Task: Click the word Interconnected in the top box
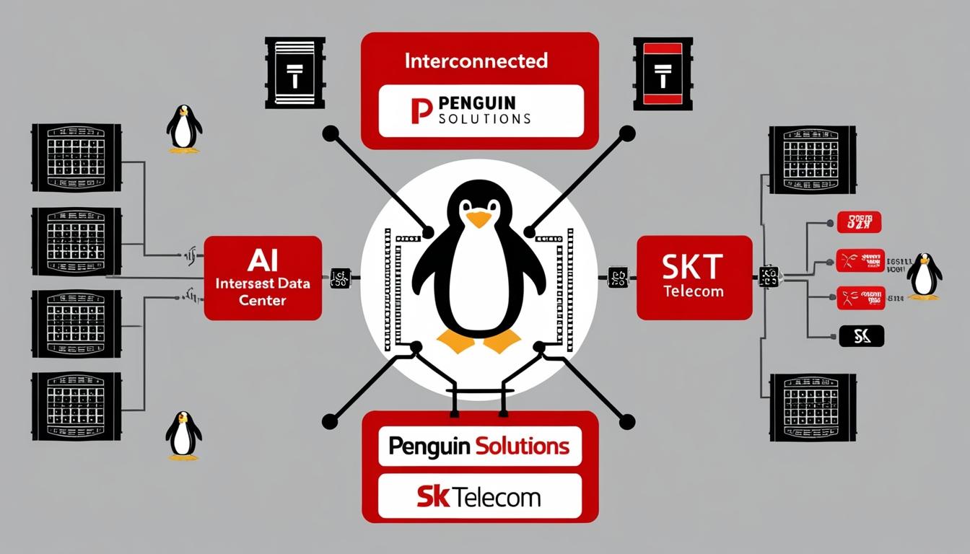[x=476, y=61]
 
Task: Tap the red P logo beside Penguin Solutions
[x=421, y=111]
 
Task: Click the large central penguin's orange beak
[x=479, y=219]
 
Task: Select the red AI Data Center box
[x=263, y=278]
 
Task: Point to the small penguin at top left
[x=184, y=129]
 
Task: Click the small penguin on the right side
[x=924, y=276]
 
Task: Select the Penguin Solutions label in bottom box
[x=479, y=447]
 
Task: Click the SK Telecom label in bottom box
[x=479, y=496]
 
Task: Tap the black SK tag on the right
[x=862, y=335]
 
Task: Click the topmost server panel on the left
[x=76, y=157]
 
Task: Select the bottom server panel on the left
[x=76, y=405]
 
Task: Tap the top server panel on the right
[x=812, y=159]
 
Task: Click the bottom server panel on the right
[x=812, y=407]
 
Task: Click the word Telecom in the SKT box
[x=694, y=291]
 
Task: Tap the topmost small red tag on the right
[x=859, y=222]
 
